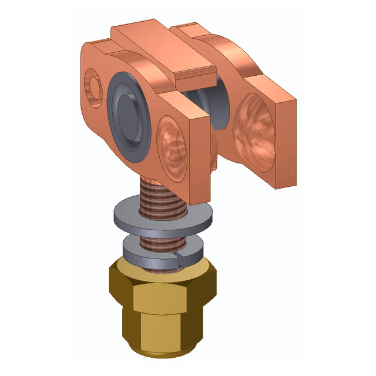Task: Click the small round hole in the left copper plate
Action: point(93,82)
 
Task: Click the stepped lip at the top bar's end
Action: point(194,74)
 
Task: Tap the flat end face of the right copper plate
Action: point(286,147)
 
